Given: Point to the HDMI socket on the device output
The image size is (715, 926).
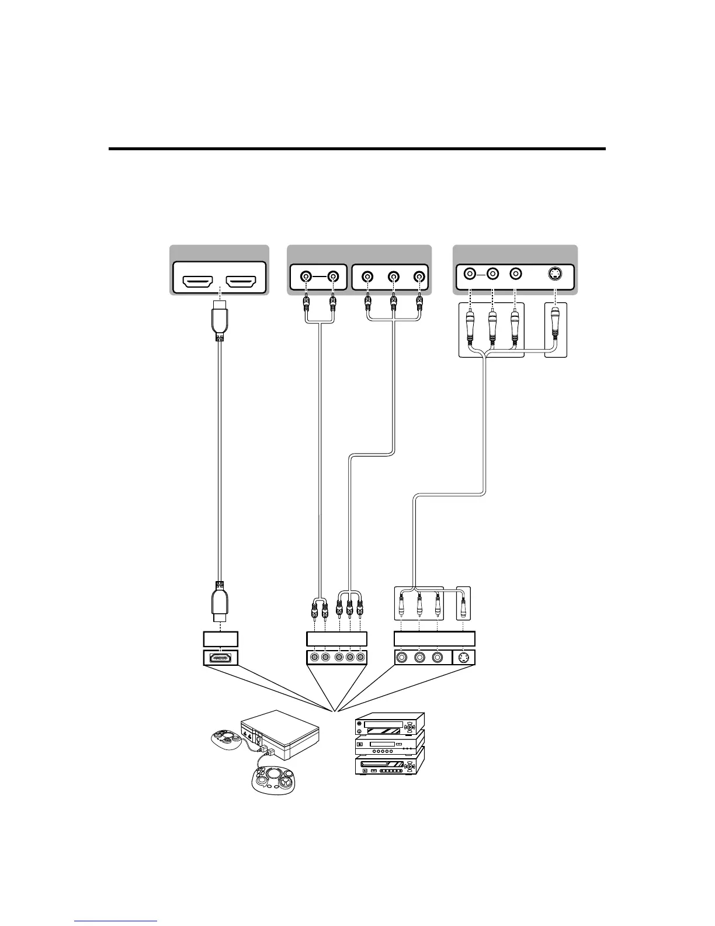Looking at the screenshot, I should pos(220,658).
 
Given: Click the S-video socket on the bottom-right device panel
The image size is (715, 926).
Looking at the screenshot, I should pos(464,658).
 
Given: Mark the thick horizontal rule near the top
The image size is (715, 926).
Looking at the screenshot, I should pos(357,149).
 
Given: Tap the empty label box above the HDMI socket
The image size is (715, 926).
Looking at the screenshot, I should pos(220,638).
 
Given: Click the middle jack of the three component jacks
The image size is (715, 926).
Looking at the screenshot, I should pos(394,276).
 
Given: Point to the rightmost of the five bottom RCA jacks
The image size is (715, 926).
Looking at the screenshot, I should pos(362,658).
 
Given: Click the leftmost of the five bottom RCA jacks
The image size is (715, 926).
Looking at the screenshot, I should pos(314,658).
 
